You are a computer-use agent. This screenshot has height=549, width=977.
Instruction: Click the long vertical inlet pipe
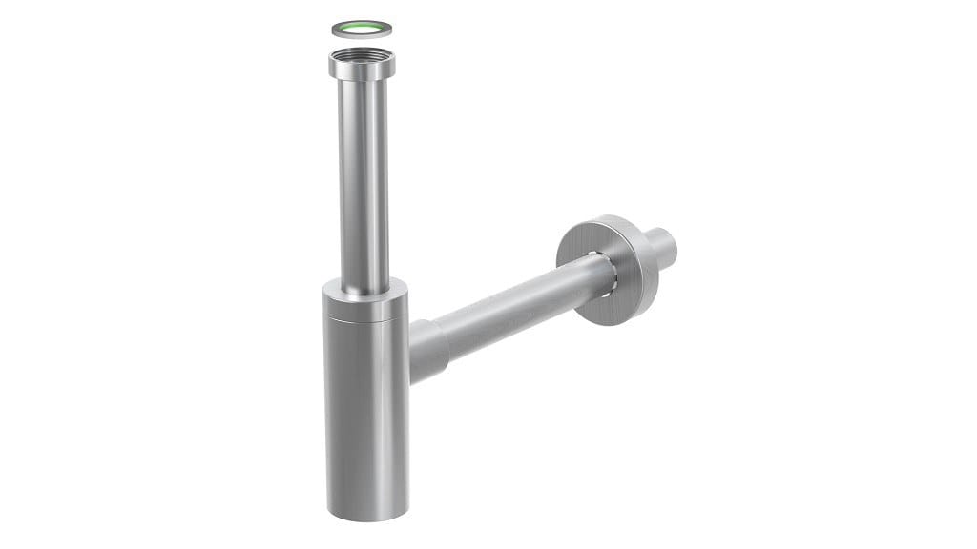coord(364,181)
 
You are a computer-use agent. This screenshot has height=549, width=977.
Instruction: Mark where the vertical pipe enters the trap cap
coord(365,285)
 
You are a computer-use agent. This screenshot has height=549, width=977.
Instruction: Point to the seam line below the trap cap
coord(365,322)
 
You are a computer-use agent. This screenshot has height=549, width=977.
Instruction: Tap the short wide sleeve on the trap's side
coord(428,351)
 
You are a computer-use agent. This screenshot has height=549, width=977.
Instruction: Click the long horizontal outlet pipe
coord(515,310)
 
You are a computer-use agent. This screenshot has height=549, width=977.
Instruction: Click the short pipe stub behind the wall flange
coord(660,246)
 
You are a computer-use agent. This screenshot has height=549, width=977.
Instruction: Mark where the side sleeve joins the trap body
coord(411,353)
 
